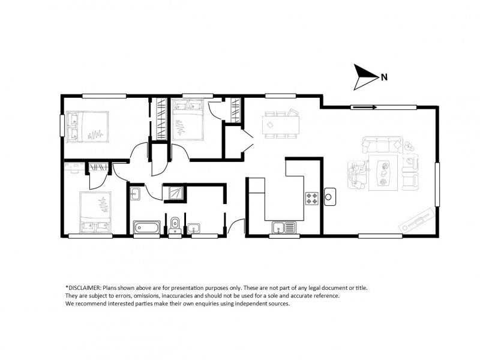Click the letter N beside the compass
[384, 77]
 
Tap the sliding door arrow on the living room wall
[364, 108]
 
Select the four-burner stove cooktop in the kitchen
[313, 198]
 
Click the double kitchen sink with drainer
[284, 227]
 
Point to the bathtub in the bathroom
[147, 227]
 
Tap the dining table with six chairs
[280, 125]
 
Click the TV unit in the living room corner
[417, 221]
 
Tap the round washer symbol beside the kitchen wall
[329, 196]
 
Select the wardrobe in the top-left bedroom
[161, 120]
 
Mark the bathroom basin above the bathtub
[135, 193]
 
